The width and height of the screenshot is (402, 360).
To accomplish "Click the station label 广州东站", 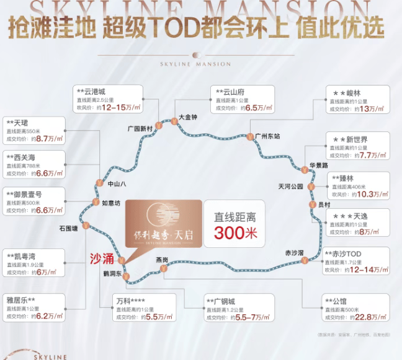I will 267,136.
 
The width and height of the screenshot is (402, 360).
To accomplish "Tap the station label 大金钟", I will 187,116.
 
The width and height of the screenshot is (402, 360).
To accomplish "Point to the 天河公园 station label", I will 291,186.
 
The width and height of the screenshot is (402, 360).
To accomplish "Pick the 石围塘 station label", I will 68,229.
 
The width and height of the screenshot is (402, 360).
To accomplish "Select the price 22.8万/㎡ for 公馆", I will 370,317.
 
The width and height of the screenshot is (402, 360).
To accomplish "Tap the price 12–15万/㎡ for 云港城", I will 119,108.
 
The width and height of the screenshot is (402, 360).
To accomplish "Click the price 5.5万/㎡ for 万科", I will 150,317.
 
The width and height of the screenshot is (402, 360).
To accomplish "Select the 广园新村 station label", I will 140,128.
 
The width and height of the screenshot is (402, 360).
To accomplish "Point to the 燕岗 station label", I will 162,260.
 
